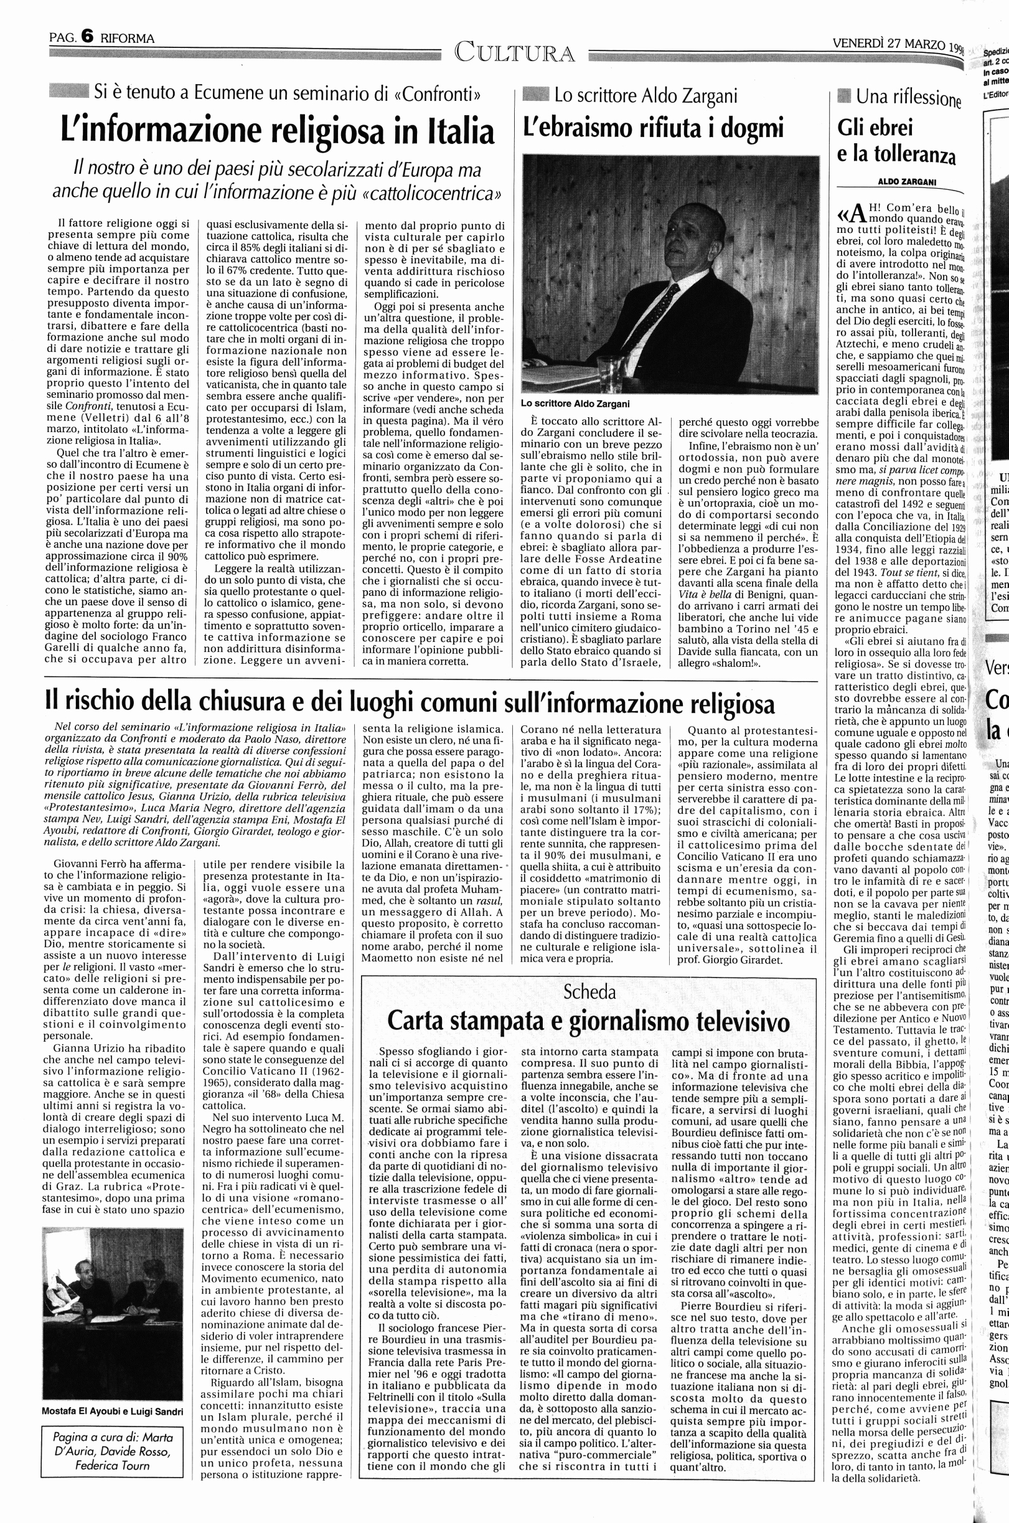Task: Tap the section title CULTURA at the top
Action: click(x=514, y=52)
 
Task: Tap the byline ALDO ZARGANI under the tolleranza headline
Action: click(x=907, y=182)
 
